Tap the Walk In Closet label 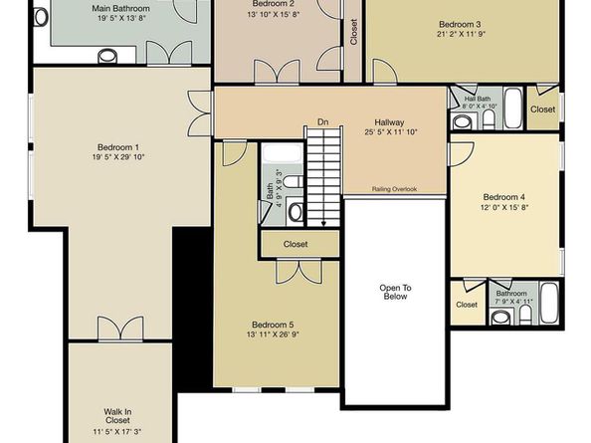click(117, 416)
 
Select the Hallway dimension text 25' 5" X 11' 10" click(391, 132)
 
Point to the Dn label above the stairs click(323, 122)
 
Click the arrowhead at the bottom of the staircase click(323, 224)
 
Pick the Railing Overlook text click(394, 189)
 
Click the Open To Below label click(395, 293)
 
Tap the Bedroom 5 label click(273, 325)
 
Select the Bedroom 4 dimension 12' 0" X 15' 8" click(504, 207)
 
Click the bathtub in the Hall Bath click(513, 109)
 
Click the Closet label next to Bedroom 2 click(353, 32)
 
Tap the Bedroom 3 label click(460, 25)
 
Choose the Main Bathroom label click(120, 8)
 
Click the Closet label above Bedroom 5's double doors click(295, 244)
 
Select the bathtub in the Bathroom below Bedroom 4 click(549, 303)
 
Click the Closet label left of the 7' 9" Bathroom click(467, 305)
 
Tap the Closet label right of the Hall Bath click(543, 110)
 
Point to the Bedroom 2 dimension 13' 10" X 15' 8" click(274, 14)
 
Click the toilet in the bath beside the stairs click(293, 181)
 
